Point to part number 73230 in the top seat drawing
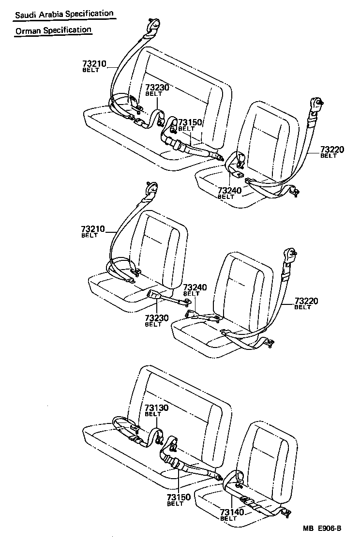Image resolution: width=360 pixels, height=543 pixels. (x=157, y=88)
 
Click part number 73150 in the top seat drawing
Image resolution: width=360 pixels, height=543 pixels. (x=189, y=122)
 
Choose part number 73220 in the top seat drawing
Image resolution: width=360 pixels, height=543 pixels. (x=331, y=150)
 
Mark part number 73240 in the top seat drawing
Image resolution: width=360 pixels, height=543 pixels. (x=229, y=191)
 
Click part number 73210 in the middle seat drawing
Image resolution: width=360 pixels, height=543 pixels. (x=93, y=228)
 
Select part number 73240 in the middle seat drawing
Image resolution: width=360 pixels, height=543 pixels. (x=195, y=287)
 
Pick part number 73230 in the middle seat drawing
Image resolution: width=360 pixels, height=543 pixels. (x=157, y=318)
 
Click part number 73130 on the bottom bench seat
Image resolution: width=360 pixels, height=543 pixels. (x=156, y=408)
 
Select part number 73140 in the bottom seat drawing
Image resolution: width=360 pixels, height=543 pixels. (x=231, y=512)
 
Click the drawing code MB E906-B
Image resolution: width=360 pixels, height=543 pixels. (x=323, y=528)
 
